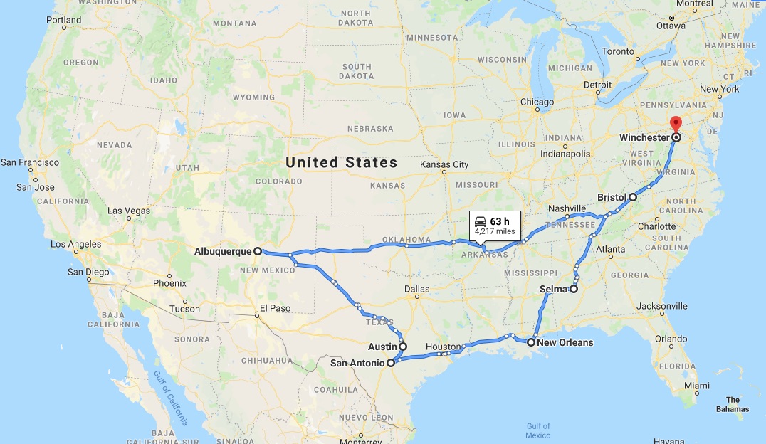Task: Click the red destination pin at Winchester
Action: tap(676, 123)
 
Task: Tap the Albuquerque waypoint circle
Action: tap(258, 251)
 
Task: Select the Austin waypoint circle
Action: tap(403, 347)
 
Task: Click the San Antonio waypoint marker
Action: tap(390, 362)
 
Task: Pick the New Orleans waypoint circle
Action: tap(531, 342)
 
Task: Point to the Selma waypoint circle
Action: tap(573, 289)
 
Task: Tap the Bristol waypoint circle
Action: tap(633, 196)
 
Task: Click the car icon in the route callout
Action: tap(481, 221)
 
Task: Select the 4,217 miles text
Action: tap(495, 231)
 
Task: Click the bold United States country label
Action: tap(342, 162)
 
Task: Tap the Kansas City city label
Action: tap(444, 164)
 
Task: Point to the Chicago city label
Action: tap(537, 102)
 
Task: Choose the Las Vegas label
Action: tap(129, 211)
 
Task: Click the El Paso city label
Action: tap(275, 308)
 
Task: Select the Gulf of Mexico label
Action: tap(538, 430)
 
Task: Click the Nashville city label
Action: tap(567, 208)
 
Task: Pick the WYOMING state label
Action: tap(253, 97)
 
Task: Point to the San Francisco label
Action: tap(30, 162)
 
